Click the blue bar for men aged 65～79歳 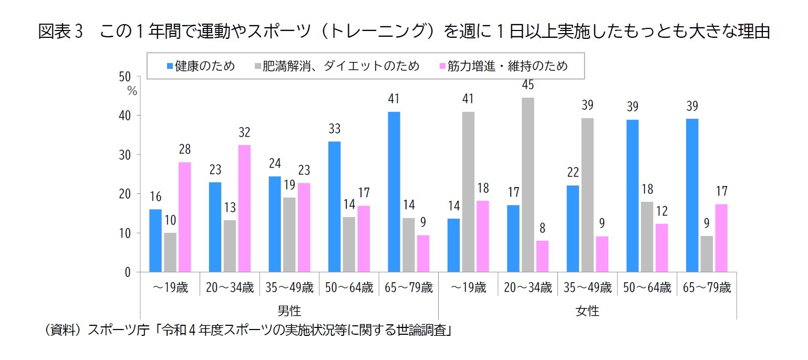(394, 192)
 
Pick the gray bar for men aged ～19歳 (170, 252)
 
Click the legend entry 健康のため (200, 66)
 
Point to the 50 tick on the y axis (125, 77)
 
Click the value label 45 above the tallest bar (527, 85)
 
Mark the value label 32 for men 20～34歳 (244, 132)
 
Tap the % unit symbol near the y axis (131, 91)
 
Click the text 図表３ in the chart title (60, 32)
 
